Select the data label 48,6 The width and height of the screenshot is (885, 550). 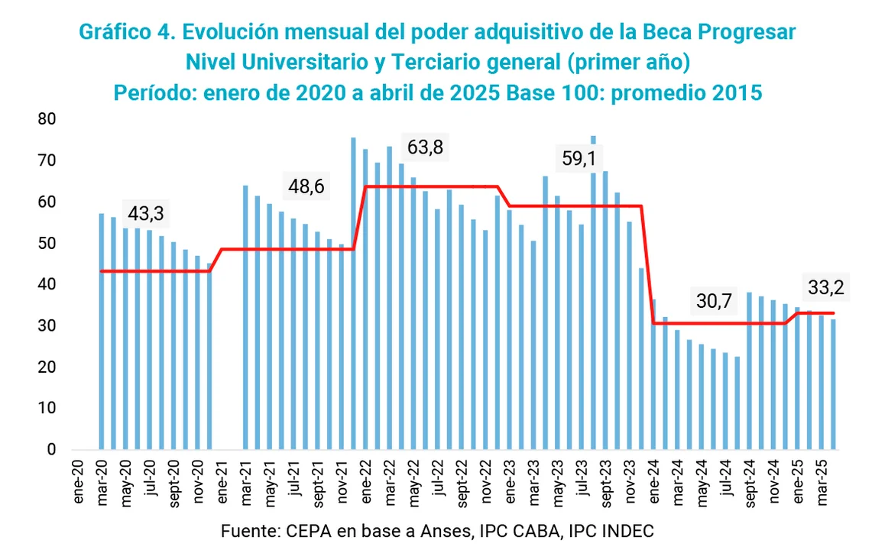coord(308,186)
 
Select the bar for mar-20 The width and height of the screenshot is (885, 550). coord(102,332)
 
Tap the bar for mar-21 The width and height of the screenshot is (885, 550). coord(245,317)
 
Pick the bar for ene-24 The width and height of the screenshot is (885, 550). coord(653,374)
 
